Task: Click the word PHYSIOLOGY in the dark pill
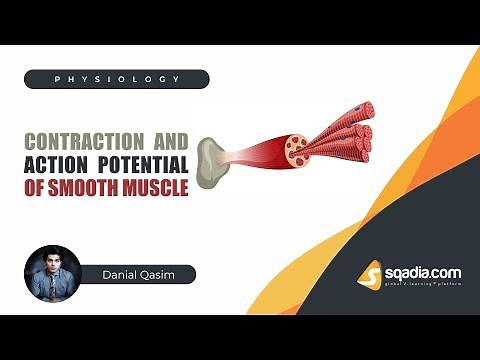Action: coord(116,79)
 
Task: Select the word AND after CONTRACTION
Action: coord(168,139)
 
